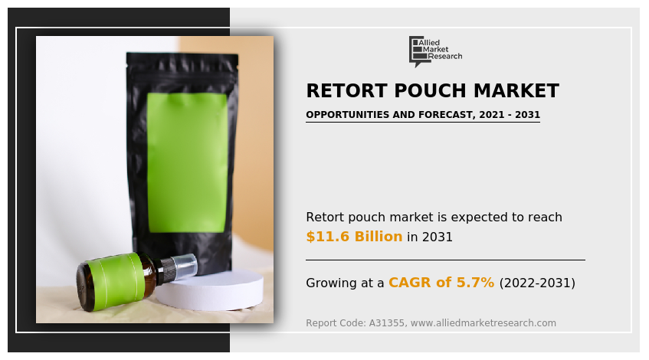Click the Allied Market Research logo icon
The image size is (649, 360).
[417, 50]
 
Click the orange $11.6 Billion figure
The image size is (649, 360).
[354, 237]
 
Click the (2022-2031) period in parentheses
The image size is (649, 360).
[537, 283]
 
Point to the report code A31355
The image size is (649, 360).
[387, 323]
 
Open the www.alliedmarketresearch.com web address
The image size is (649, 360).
[483, 323]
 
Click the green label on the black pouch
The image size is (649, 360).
[187, 162]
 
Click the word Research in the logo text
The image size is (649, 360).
[444, 57]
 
